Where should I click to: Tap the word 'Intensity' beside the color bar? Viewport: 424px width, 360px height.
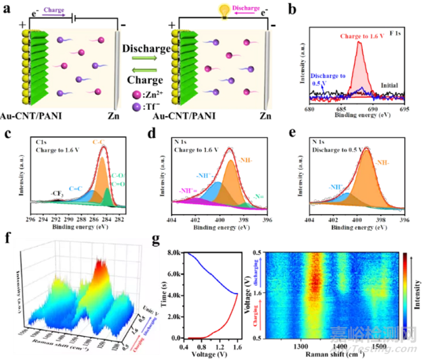[417, 293]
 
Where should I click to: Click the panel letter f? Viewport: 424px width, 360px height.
[7, 238]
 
